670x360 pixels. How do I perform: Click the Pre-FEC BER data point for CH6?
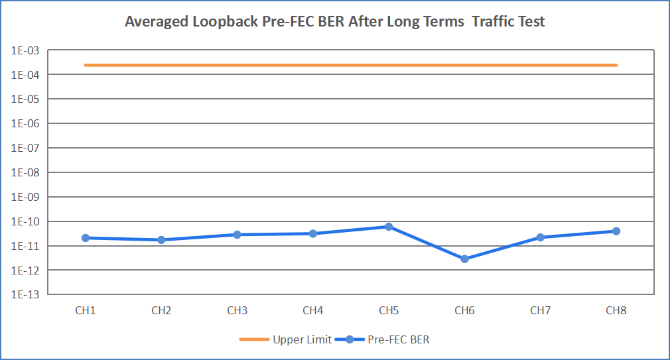pos(464,259)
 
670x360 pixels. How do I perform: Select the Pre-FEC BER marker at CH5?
pos(389,227)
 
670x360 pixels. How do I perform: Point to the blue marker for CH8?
pos(616,231)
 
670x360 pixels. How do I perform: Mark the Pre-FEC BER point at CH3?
pos(237,234)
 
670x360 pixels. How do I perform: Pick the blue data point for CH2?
pos(162,239)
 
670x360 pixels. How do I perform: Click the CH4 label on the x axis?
pos(313,310)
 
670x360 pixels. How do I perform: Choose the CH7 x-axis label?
pos(540,310)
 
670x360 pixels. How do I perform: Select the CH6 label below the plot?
pos(464,310)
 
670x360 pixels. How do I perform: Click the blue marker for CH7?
pos(540,237)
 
